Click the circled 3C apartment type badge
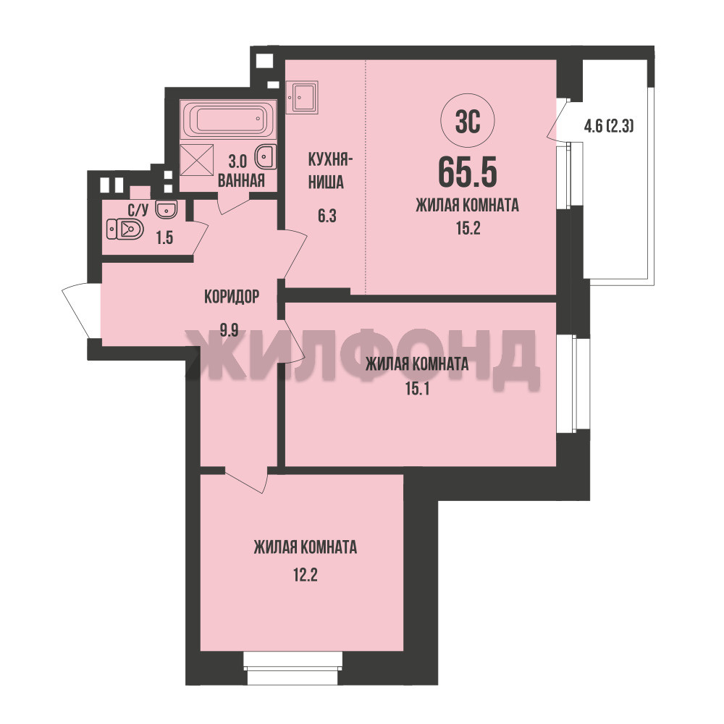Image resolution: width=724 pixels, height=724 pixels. point(468,122)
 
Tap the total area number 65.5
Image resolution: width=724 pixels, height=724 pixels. point(467,172)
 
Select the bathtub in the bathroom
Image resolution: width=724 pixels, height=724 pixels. point(229,119)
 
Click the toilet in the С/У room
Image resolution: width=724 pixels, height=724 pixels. point(125,229)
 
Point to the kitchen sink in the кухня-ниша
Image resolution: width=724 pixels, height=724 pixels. point(302,97)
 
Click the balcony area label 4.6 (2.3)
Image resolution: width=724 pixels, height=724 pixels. point(609,125)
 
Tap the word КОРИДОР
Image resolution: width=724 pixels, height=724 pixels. point(232,297)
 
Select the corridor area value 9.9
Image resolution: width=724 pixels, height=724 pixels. point(229,330)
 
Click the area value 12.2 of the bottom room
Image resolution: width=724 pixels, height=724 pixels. point(306,576)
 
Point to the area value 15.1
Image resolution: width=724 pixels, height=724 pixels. point(418,390)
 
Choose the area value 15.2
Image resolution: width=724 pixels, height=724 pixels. point(468,228)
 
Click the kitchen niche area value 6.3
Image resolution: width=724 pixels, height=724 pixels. point(327,216)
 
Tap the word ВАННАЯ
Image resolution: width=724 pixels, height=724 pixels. point(241,180)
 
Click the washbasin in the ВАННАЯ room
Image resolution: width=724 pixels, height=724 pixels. point(266,156)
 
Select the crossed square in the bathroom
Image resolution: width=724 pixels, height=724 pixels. point(197,160)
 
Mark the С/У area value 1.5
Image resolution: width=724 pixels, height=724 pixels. point(164,237)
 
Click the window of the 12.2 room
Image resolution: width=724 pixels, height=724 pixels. point(293,668)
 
